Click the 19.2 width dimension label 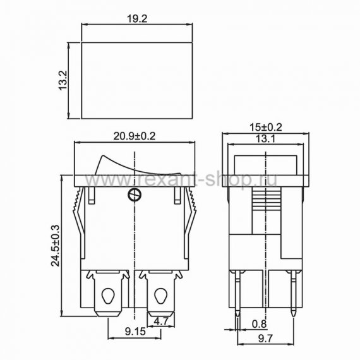137,19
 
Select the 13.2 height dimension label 63,80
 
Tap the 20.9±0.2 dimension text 135,136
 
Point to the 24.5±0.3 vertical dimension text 56,246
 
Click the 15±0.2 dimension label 266,127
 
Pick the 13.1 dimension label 265,139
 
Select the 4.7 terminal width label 161,321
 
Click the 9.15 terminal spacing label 135,332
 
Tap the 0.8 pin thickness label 260,324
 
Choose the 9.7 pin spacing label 266,339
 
